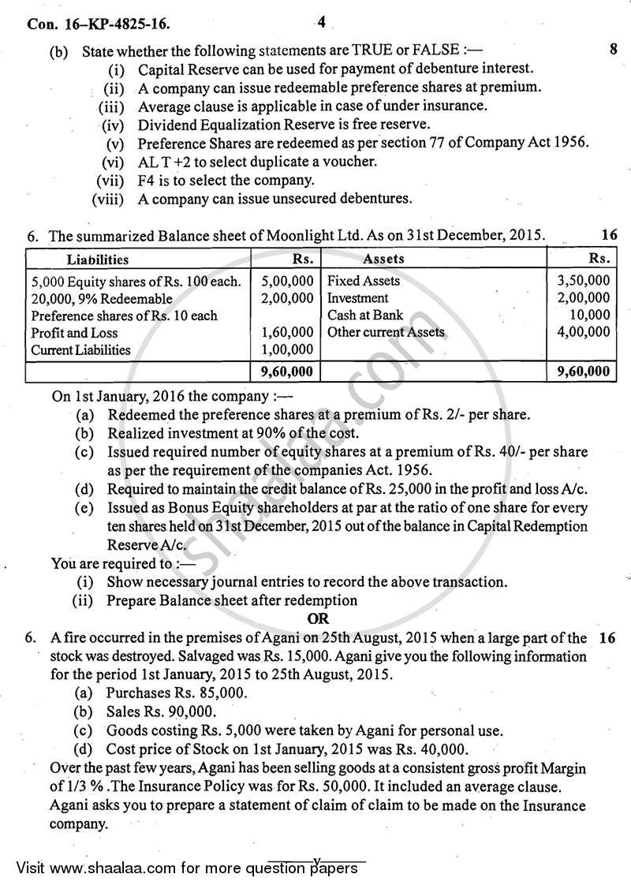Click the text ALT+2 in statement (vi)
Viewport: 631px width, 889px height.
[168, 162]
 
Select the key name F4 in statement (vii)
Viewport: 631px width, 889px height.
[147, 181]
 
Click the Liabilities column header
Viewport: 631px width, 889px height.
[97, 259]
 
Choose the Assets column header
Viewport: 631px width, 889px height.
[384, 259]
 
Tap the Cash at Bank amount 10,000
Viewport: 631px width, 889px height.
[589, 316]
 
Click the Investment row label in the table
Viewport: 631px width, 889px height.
[357, 298]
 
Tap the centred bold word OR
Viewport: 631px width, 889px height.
[319, 619]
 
